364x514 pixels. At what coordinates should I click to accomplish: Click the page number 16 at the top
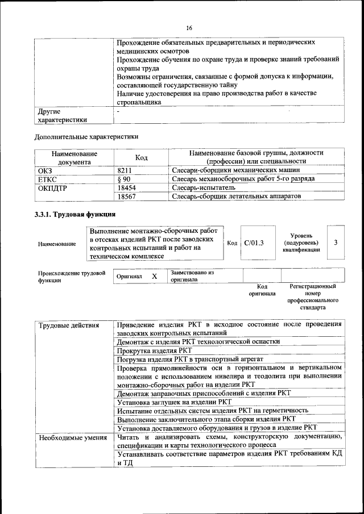point(189,27)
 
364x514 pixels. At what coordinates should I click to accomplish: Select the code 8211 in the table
point(125,170)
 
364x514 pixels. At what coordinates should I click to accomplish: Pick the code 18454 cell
point(126,187)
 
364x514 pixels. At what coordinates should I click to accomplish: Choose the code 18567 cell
point(126,197)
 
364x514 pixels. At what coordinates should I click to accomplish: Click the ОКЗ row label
point(45,170)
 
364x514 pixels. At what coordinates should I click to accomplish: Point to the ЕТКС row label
point(47,179)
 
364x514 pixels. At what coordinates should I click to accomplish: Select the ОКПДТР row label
point(52,187)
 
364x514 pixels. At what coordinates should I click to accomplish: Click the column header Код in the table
point(141,157)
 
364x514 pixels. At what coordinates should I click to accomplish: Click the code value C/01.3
point(254,243)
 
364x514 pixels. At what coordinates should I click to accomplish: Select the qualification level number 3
point(336,243)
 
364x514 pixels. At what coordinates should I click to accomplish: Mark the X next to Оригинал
point(154,276)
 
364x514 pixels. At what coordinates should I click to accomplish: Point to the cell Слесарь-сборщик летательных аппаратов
point(236,197)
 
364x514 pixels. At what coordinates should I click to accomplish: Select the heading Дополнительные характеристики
point(86,136)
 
